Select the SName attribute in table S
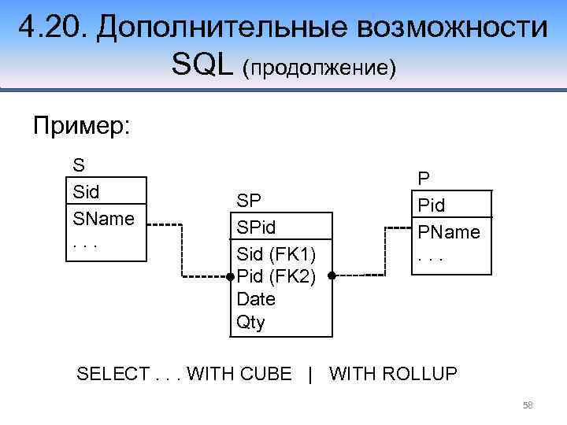(x=103, y=217)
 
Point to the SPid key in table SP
(x=258, y=227)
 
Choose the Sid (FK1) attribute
(x=275, y=253)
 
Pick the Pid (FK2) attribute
(x=276, y=276)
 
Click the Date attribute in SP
(x=257, y=299)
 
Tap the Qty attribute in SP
(x=251, y=322)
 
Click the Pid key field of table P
(x=432, y=205)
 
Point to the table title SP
(x=249, y=200)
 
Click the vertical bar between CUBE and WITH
(x=311, y=374)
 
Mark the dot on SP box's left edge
(x=230, y=276)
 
